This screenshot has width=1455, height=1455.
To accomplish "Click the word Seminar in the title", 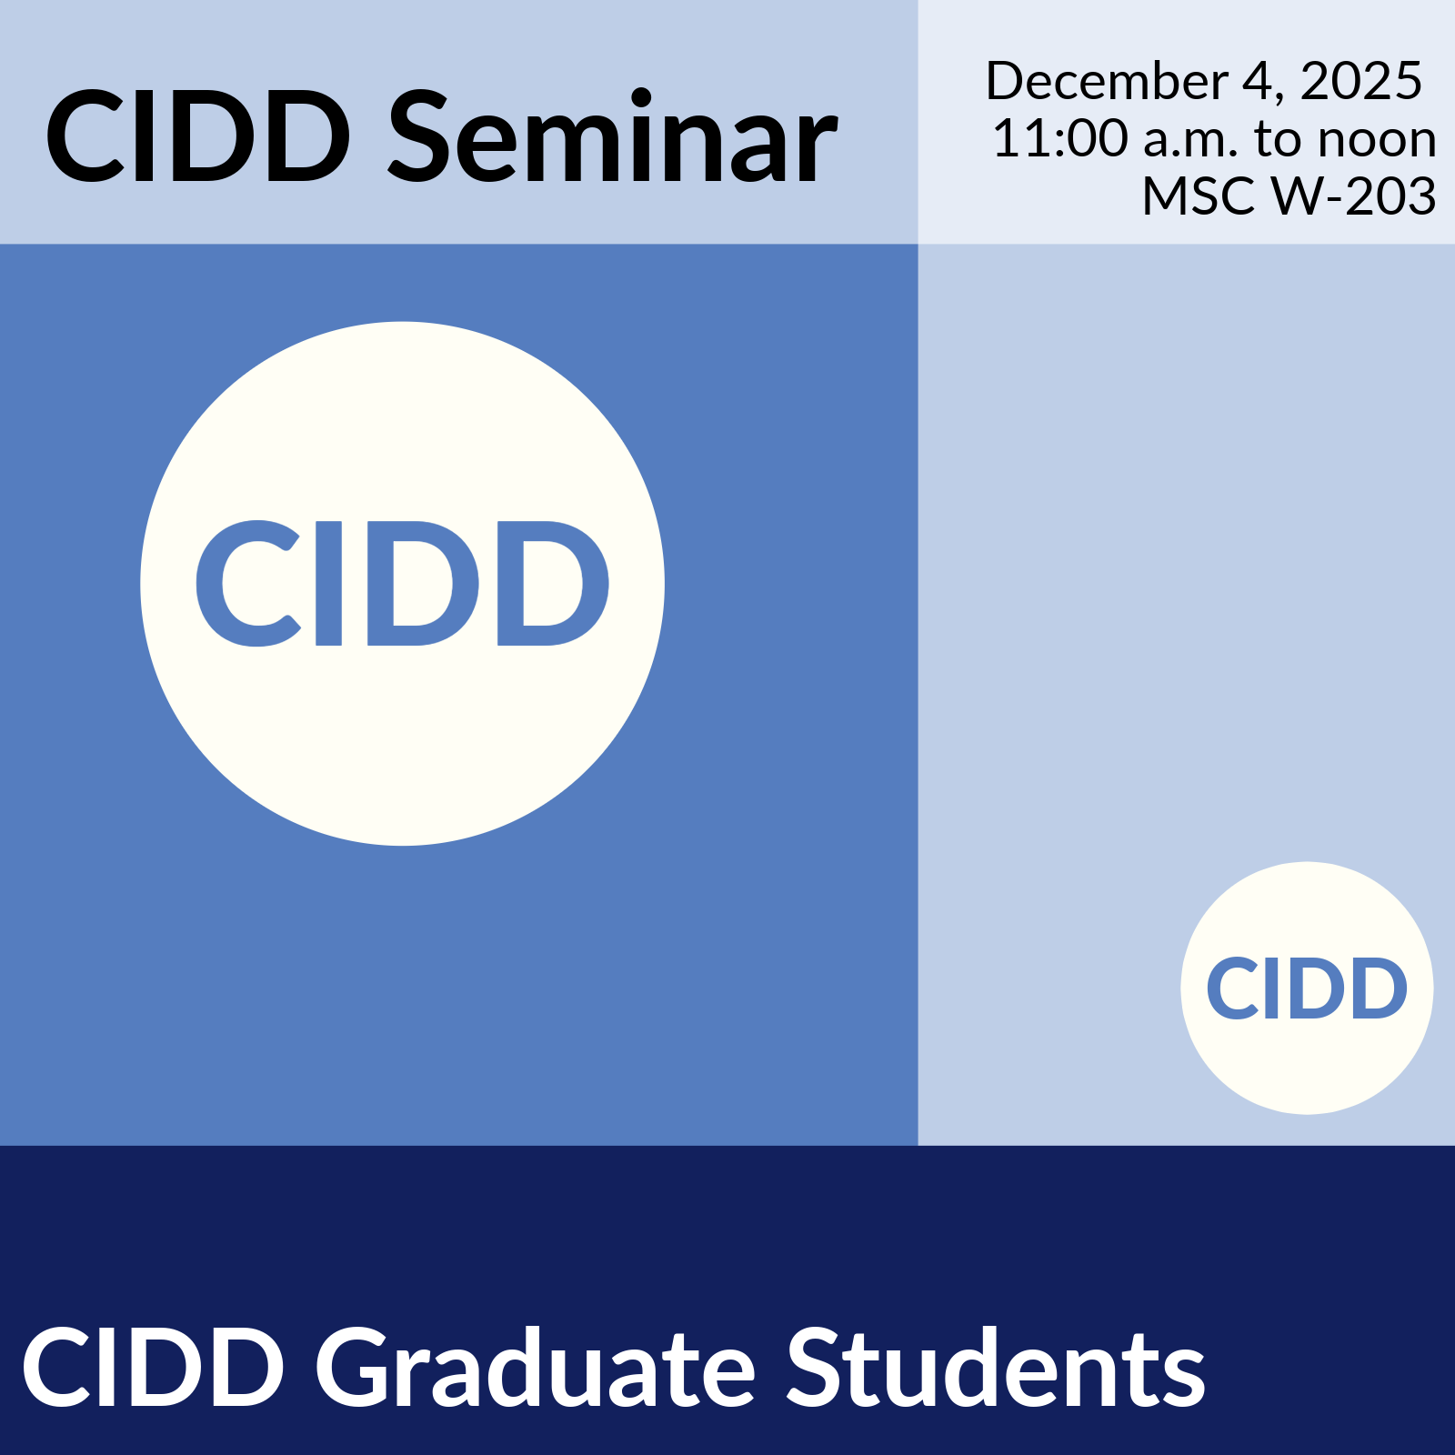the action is coord(614,136).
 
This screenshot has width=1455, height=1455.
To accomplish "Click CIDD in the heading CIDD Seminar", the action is coord(198,136).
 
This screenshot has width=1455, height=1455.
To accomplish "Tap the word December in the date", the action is coord(1107,81).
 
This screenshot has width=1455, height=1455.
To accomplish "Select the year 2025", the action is coord(1360,81).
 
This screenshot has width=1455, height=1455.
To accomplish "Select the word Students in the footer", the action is coord(996,1367).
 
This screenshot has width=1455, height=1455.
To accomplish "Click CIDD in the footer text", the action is coord(153,1367).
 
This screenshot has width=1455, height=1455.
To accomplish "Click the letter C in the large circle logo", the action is coord(247,584).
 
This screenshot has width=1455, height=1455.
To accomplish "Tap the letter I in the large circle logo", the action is coord(328,584).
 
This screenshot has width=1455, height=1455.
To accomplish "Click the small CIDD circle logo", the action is coord(1307,988).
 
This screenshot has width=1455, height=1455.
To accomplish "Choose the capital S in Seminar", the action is coord(419,136).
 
